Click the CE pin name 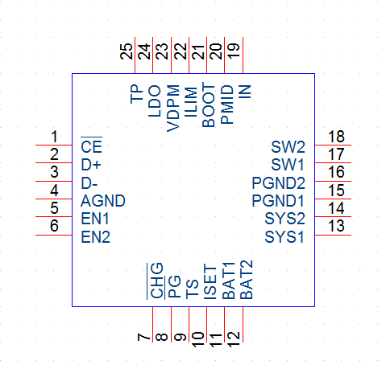point(91,146)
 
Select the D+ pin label point(91,165)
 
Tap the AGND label point(103,201)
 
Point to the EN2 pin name point(95,237)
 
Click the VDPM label point(173,109)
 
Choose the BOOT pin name point(209,105)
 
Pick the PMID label point(226,105)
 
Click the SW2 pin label point(288,147)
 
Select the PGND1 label point(278,201)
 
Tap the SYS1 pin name point(284,237)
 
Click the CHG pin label point(157,281)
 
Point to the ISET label point(210,281)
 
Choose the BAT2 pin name point(246,280)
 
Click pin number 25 point(127,51)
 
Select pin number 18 point(336,137)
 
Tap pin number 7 point(143,337)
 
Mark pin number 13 point(336,226)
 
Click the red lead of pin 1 point(54,146)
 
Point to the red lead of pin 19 point(243,55)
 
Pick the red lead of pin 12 point(243,325)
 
